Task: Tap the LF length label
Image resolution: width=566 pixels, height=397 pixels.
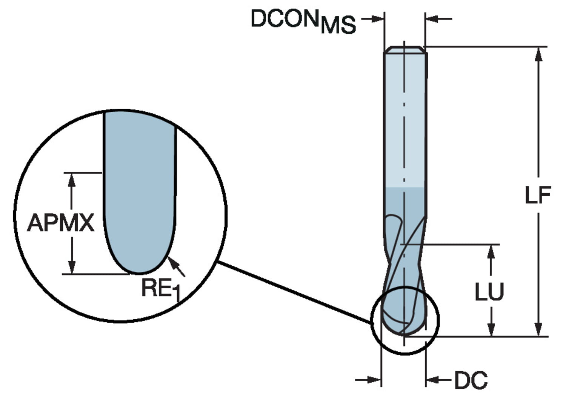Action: click(x=538, y=195)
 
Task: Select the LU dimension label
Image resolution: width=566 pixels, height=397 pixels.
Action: click(x=489, y=292)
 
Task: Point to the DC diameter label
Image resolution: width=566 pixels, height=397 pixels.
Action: click(x=471, y=380)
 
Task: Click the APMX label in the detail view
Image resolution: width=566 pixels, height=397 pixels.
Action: click(x=60, y=223)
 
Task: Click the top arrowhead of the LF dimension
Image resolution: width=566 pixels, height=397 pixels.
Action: click(x=539, y=54)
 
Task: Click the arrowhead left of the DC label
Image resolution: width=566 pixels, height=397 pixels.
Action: click(x=432, y=380)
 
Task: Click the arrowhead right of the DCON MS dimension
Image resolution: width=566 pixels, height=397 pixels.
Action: click(x=432, y=18)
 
